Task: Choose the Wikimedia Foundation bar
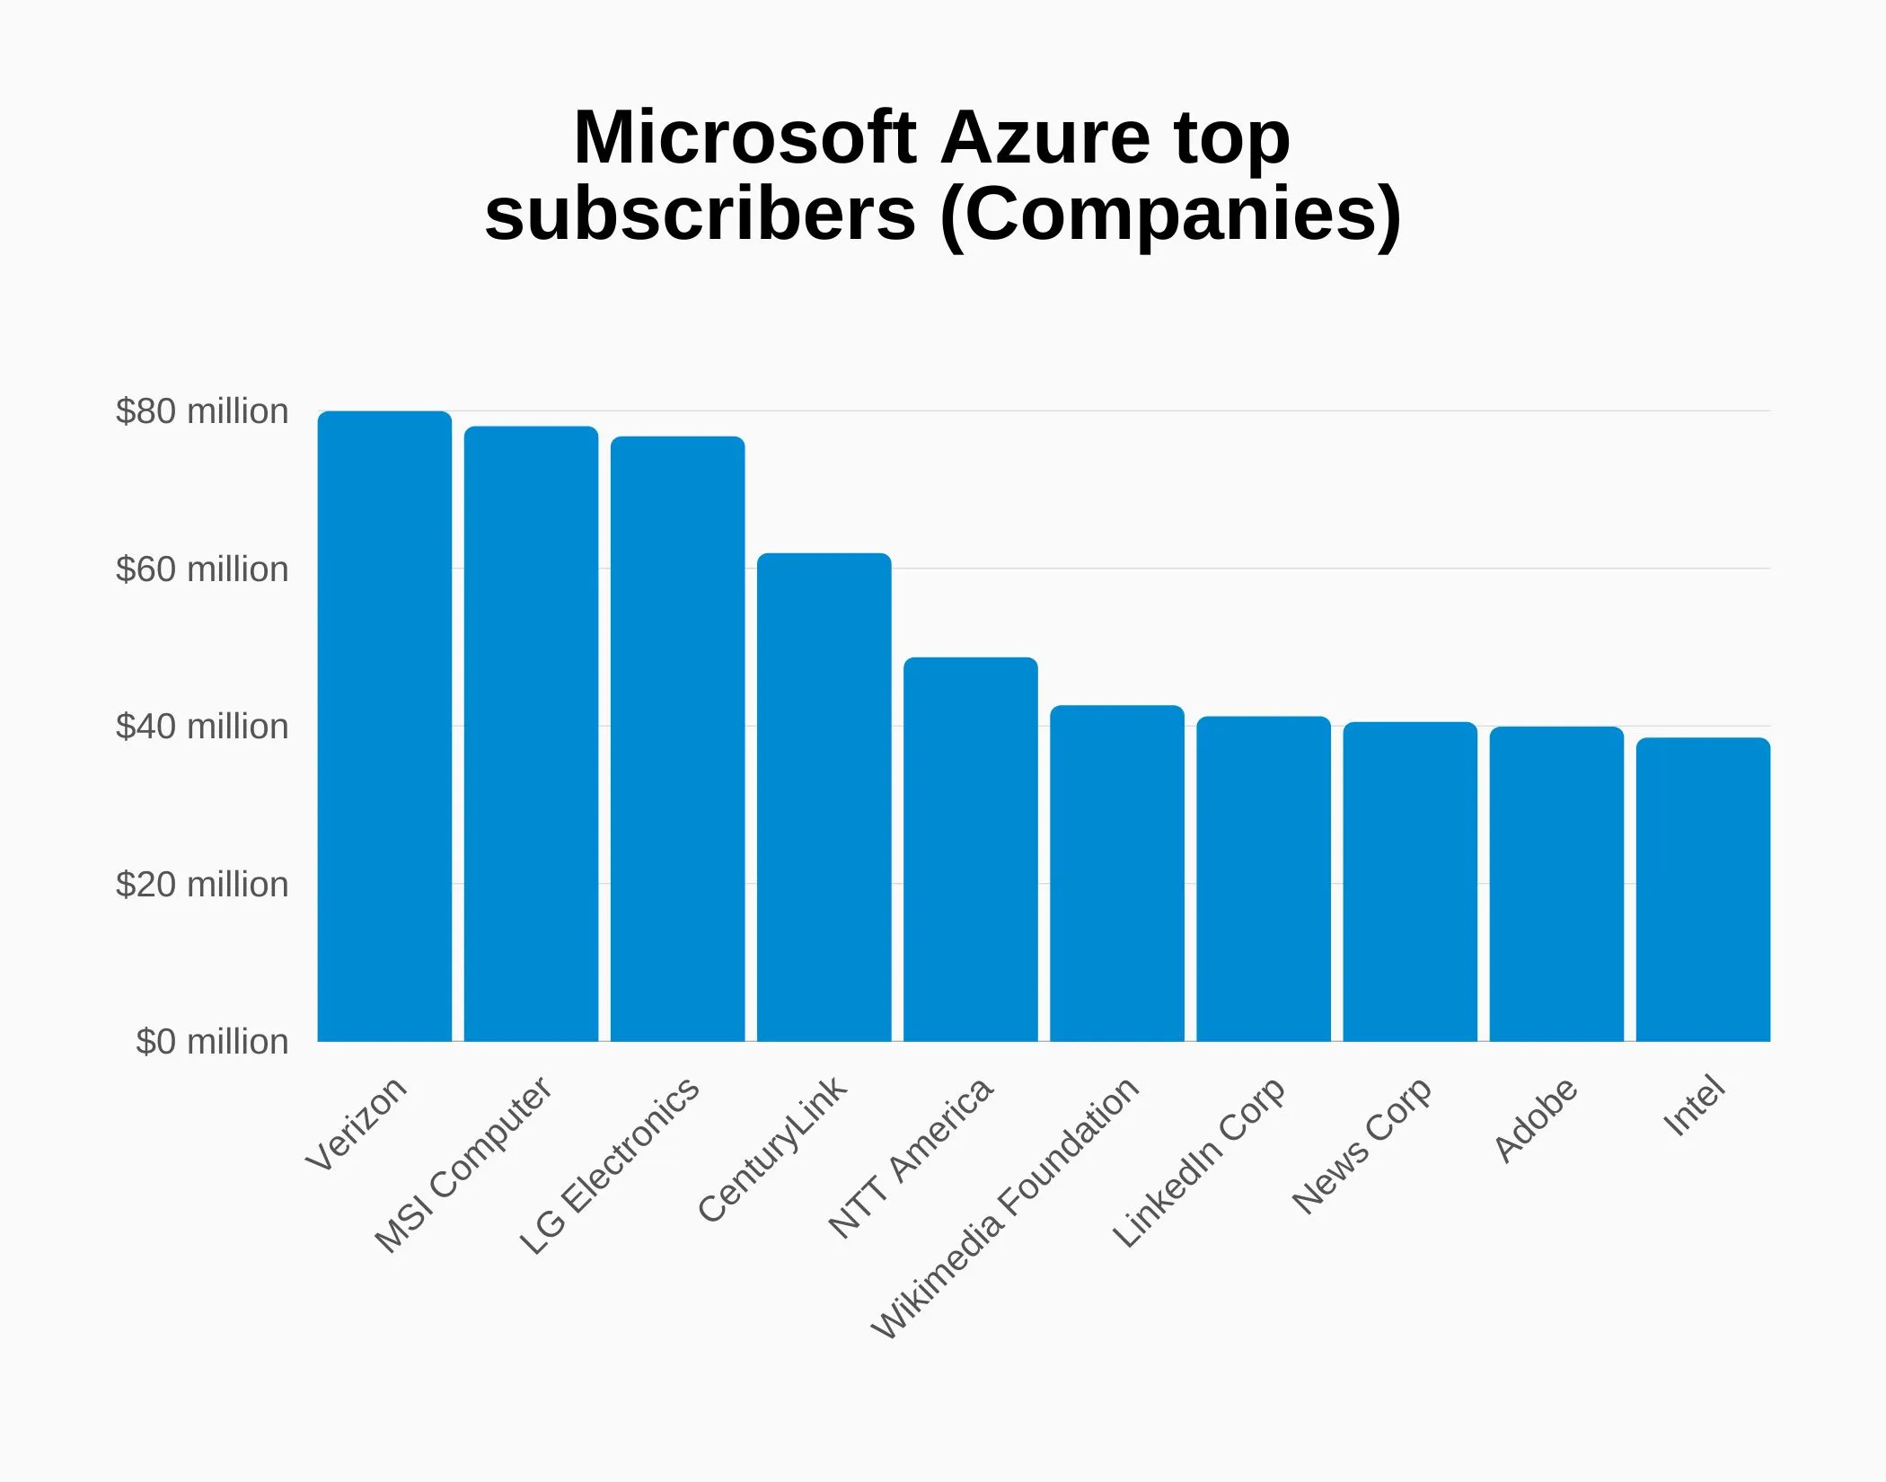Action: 1116,873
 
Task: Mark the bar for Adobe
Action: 1556,884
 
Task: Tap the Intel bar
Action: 1703,889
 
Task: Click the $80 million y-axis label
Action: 202,411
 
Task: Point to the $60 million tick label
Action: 202,569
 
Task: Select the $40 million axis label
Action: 202,727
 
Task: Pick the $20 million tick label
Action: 202,885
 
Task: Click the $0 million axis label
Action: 212,1042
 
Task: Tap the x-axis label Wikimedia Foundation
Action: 1005,1207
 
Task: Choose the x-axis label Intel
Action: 1694,1106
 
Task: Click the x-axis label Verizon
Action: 357,1124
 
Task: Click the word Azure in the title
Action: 1045,137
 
